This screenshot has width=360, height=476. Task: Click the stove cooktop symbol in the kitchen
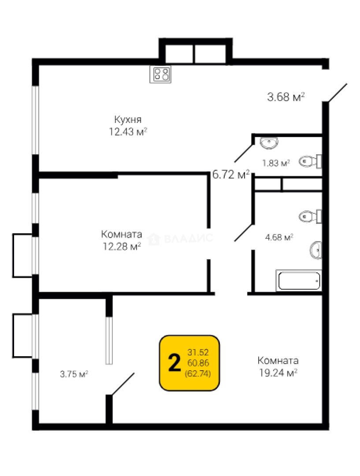click(x=160, y=74)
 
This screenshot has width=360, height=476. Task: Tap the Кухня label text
click(x=128, y=119)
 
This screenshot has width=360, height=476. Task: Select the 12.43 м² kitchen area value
click(x=128, y=132)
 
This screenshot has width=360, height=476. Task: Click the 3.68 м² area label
click(x=286, y=97)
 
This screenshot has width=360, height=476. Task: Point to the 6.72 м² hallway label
click(x=231, y=175)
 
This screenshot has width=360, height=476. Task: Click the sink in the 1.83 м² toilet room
click(x=269, y=143)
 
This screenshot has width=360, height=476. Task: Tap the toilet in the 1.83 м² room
click(x=310, y=161)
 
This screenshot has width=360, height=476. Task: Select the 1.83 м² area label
click(x=276, y=163)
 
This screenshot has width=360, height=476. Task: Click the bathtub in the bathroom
click(x=299, y=280)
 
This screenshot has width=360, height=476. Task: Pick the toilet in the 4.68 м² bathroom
click(x=310, y=216)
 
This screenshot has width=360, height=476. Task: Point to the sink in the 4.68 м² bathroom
click(x=315, y=250)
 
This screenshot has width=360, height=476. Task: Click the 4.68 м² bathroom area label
click(x=279, y=237)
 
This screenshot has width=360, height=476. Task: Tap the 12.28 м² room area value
click(x=122, y=246)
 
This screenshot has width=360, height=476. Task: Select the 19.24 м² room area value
click(x=278, y=372)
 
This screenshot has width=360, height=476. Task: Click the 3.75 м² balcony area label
click(x=74, y=374)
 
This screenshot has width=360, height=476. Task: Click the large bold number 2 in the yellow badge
click(x=174, y=363)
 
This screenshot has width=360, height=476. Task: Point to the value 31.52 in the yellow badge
click(x=198, y=353)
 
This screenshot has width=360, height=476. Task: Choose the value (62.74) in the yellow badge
click(x=198, y=373)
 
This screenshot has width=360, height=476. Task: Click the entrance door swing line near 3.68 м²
click(x=337, y=93)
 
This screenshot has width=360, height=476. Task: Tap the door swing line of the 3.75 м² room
click(x=123, y=384)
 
